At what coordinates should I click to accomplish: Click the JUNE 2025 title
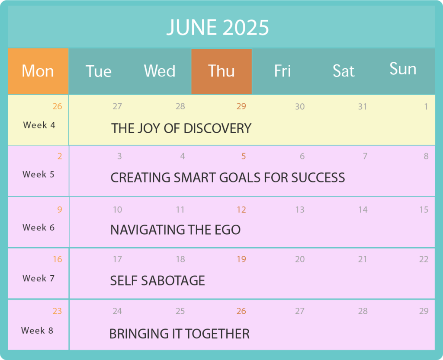click(218, 28)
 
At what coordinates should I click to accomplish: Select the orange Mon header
click(38, 71)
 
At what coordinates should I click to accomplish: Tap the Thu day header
click(221, 71)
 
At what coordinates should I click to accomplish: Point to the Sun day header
click(403, 69)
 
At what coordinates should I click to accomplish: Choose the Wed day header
click(160, 71)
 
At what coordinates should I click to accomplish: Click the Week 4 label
click(39, 125)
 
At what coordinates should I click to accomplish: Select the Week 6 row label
click(39, 227)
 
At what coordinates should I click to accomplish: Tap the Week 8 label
click(37, 330)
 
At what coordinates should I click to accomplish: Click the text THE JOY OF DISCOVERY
click(181, 128)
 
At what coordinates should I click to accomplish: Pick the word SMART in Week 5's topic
click(195, 178)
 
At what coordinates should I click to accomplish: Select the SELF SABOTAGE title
click(157, 281)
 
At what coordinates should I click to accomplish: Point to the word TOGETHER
click(218, 334)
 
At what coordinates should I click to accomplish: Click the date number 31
click(363, 107)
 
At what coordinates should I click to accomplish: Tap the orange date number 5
click(244, 156)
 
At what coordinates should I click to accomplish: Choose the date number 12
click(241, 210)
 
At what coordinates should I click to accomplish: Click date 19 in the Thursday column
click(241, 259)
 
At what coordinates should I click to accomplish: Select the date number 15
click(424, 210)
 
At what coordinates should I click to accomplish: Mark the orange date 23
click(57, 311)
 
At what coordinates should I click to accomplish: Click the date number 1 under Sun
click(426, 107)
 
